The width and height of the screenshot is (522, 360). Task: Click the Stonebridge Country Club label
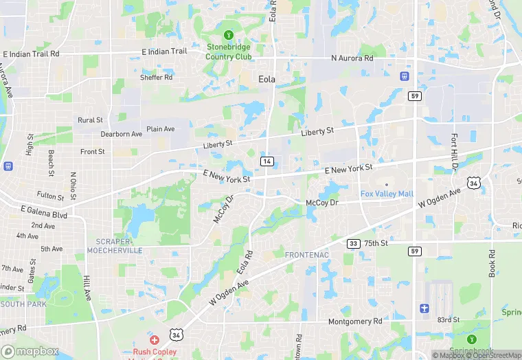[x=229, y=52]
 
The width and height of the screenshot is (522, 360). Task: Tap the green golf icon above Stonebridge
[x=229, y=35]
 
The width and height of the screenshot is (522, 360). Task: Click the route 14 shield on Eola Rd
[x=266, y=161]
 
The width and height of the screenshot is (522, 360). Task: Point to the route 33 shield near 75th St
[x=353, y=243]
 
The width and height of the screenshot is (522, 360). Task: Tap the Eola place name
[x=266, y=79]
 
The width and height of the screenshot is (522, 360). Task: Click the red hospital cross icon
[x=155, y=340]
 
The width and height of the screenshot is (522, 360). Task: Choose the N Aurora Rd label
[x=352, y=59]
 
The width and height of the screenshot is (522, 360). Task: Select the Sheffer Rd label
[x=156, y=78]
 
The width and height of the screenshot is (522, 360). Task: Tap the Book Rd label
[x=492, y=263]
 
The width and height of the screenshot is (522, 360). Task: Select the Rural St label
[x=90, y=120]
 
